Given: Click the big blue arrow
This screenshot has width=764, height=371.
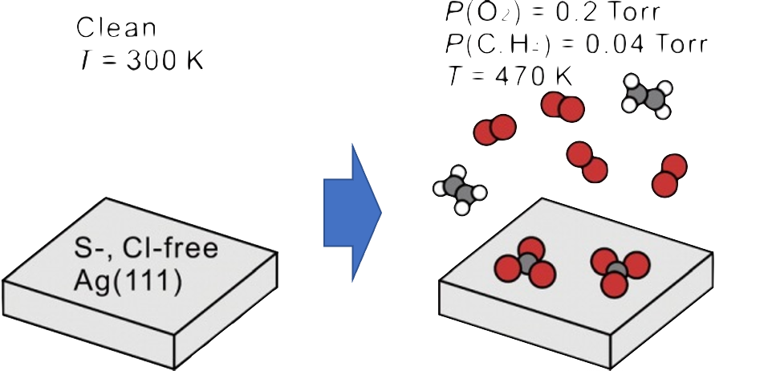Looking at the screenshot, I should point(352,213).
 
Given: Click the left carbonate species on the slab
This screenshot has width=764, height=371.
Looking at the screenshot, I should point(526,263).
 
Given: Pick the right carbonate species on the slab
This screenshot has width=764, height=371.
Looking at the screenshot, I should point(619,269).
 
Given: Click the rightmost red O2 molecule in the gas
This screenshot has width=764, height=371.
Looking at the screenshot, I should point(669,176).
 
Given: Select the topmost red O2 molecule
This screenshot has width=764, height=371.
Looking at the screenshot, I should point(562,107).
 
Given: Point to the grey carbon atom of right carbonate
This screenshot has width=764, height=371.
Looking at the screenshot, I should point(617,270).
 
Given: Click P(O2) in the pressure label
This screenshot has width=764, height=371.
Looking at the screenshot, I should point(469,12).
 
